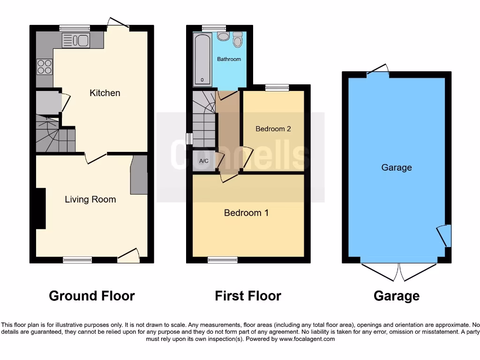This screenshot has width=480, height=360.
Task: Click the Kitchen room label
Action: pos(105,93)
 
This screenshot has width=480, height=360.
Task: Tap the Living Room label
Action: pos(90,199)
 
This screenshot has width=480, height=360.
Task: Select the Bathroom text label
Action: pos(229,59)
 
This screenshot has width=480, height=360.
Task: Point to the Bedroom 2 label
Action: pos(273,128)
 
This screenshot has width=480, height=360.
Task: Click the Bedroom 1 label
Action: pos(246,213)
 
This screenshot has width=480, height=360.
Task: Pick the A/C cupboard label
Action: pos(204,161)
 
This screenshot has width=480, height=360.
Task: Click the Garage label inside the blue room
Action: pos(397,167)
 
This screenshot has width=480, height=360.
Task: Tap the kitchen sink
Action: pos(75,41)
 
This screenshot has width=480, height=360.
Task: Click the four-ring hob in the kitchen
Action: pos(45,67)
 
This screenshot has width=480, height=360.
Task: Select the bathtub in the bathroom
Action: pos(202,60)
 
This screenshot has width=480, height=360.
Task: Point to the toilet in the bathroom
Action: pos(238,39)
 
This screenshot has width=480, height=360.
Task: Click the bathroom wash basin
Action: pos(223,36)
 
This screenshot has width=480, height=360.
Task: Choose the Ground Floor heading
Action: pos(92,296)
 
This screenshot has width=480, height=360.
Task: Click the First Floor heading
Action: pos(248,296)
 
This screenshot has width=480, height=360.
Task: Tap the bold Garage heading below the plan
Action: pos(397,296)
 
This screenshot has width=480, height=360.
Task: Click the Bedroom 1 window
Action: pos(223,260)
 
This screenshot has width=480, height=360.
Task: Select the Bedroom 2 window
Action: pos(277,87)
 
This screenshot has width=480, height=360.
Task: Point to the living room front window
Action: pos(78,260)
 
